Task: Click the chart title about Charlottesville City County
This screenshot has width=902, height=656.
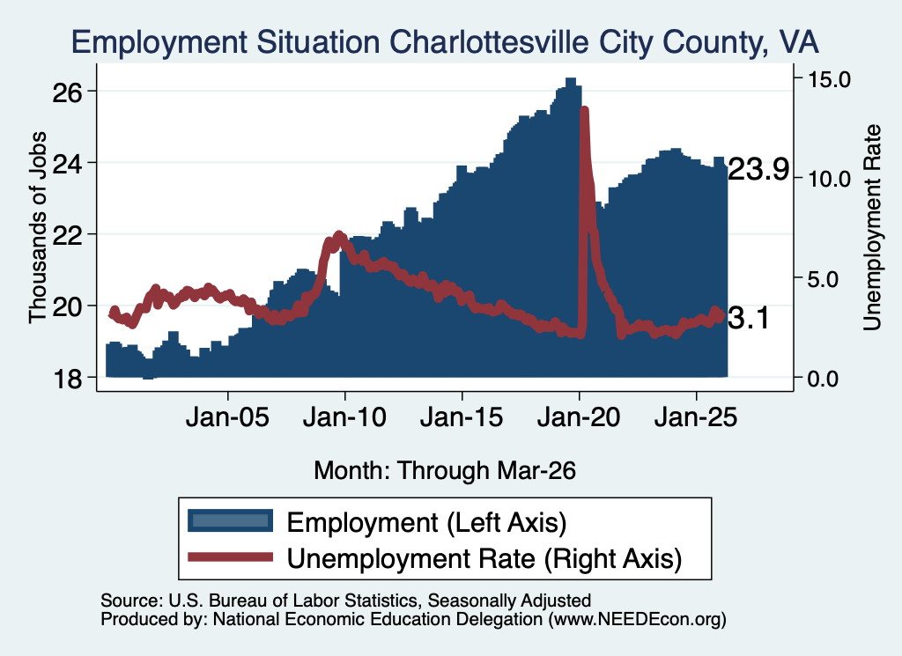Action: [445, 42]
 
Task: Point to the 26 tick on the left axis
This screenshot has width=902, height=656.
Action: [67, 92]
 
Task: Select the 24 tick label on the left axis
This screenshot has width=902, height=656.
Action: [67, 163]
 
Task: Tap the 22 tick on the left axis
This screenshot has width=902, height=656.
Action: [67, 234]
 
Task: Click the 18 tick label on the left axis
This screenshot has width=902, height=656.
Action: [67, 379]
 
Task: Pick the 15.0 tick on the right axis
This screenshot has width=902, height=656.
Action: [829, 78]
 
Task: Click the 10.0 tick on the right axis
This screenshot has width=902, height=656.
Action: [829, 179]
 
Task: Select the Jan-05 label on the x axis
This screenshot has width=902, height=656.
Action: [228, 417]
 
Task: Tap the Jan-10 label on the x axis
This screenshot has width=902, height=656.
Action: [344, 417]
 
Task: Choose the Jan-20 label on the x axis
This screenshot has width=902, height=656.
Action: [579, 417]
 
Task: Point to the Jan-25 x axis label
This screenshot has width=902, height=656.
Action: [696, 417]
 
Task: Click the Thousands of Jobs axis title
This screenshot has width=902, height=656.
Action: [37, 227]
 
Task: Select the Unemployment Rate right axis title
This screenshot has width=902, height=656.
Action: [872, 227]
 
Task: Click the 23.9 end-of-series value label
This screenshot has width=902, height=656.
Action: [758, 170]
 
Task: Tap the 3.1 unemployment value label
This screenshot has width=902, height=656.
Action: [749, 318]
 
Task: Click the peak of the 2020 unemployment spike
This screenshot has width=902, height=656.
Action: [585, 109]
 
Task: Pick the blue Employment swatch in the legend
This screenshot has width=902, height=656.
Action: [230, 521]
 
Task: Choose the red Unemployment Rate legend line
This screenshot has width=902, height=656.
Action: [230, 556]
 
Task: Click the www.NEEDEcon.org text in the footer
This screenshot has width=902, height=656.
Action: [637, 619]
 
